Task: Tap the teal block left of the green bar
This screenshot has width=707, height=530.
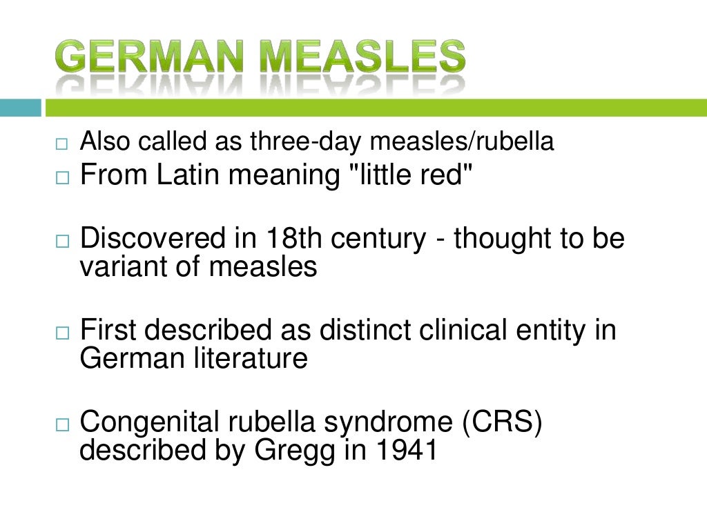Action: coord(20,108)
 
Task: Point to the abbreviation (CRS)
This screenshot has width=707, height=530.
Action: coord(503,422)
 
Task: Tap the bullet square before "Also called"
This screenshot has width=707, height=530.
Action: coord(63,145)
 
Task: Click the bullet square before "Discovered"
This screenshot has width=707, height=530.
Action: coord(63,242)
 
